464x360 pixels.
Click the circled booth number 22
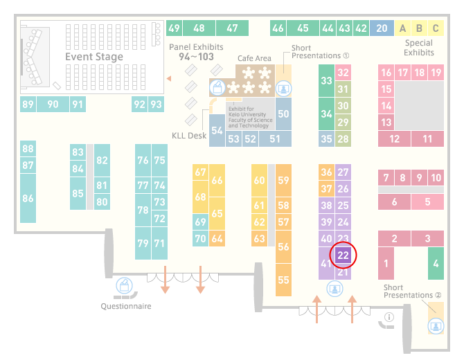[343, 255]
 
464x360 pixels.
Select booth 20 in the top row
[382, 28]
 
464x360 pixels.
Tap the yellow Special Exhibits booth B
[419, 28]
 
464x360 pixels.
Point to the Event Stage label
[94, 57]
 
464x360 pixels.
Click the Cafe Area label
[254, 58]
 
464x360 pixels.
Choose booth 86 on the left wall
[28, 198]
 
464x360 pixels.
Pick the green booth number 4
[436, 263]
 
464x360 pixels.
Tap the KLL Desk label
[189, 136]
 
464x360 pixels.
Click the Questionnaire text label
[126, 306]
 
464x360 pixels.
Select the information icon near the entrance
[389, 317]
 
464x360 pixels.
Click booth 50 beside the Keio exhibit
[283, 114]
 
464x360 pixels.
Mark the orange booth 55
[283, 280]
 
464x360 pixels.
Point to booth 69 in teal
[200, 222]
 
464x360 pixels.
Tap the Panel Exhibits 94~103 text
[196, 52]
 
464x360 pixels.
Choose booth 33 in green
[326, 80]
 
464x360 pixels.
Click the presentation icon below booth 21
[334, 289]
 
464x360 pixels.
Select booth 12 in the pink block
[395, 138]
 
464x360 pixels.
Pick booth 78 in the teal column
[143, 210]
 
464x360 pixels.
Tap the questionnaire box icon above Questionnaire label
[124, 285]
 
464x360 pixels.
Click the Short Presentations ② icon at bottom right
[436, 326]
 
